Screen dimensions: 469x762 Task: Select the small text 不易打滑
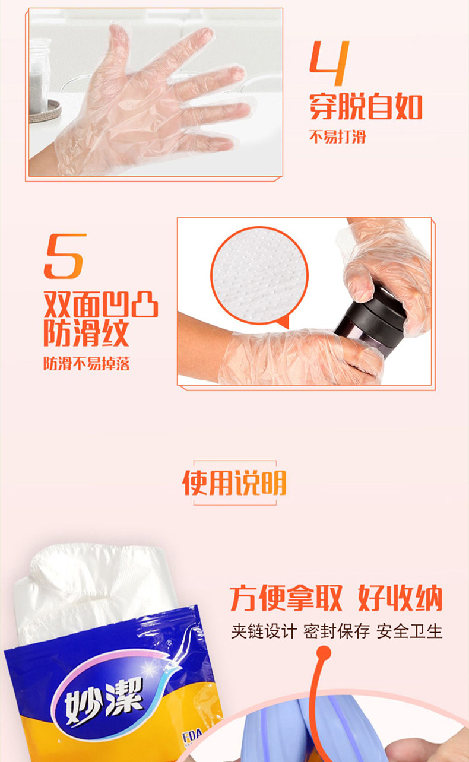click(338, 136)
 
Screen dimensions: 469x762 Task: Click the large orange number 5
click(65, 256)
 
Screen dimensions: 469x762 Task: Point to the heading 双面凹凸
click(101, 304)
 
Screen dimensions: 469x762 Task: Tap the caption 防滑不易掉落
click(87, 363)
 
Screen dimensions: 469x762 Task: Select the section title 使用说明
click(235, 482)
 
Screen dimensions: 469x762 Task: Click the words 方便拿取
click(286, 599)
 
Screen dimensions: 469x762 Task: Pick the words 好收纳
click(400, 599)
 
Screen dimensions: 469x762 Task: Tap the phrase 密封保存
click(337, 631)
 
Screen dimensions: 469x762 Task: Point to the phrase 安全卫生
click(409, 631)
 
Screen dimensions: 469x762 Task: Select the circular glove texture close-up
click(259, 275)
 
